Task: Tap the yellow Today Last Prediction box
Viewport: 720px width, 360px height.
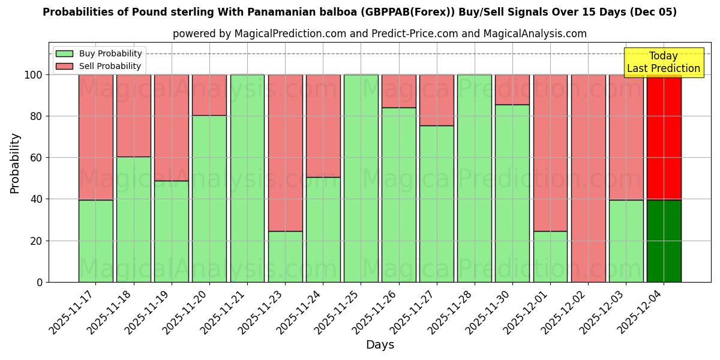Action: (663, 62)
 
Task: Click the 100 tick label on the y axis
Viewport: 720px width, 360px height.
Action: (33, 75)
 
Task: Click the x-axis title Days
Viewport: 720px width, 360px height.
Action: (380, 344)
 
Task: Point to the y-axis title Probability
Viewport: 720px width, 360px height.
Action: (15, 163)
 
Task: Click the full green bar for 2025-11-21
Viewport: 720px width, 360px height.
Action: (247, 178)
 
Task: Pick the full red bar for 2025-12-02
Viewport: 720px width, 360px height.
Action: (588, 178)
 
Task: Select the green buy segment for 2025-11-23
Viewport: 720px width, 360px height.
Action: (285, 256)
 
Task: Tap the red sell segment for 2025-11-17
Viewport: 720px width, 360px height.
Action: (95, 137)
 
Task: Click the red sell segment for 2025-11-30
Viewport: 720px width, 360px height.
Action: (512, 89)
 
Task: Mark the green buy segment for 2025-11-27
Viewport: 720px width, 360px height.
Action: (436, 203)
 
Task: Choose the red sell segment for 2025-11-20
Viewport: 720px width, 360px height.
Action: (209, 95)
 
